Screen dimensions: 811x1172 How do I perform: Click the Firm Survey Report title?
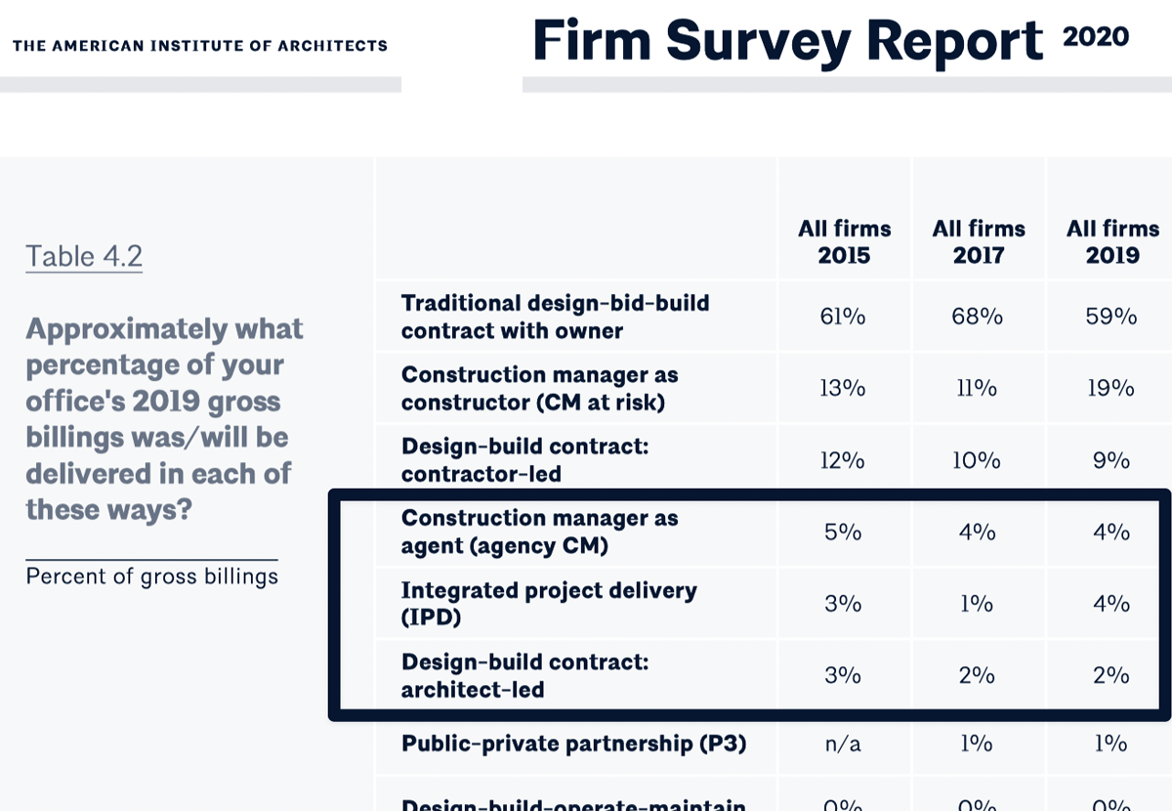point(787,42)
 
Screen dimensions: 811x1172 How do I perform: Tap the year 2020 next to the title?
point(1095,37)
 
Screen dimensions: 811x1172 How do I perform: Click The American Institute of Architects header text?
point(200,46)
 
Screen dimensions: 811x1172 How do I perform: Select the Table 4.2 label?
point(84,257)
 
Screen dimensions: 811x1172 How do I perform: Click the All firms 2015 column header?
point(844,242)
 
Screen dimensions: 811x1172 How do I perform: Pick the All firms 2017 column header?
point(978,242)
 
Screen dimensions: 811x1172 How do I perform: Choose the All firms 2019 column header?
point(1112,242)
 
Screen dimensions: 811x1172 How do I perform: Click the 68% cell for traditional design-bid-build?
point(977,317)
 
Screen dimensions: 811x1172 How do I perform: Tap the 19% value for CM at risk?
point(1111,388)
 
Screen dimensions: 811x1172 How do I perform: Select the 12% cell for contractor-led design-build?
point(843,460)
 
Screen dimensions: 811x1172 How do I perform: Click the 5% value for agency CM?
point(843,532)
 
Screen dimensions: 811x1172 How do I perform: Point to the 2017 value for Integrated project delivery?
point(977,604)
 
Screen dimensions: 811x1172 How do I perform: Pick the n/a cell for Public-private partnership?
point(843,744)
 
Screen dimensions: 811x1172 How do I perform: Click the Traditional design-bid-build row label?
point(555,317)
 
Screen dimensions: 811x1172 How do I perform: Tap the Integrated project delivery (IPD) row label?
point(549,604)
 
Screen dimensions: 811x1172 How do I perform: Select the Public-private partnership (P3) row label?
point(573,744)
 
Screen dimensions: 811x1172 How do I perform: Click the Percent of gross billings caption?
point(151,576)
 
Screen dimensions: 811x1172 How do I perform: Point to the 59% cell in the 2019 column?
point(1111,317)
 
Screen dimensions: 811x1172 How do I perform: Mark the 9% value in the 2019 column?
point(1111,460)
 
